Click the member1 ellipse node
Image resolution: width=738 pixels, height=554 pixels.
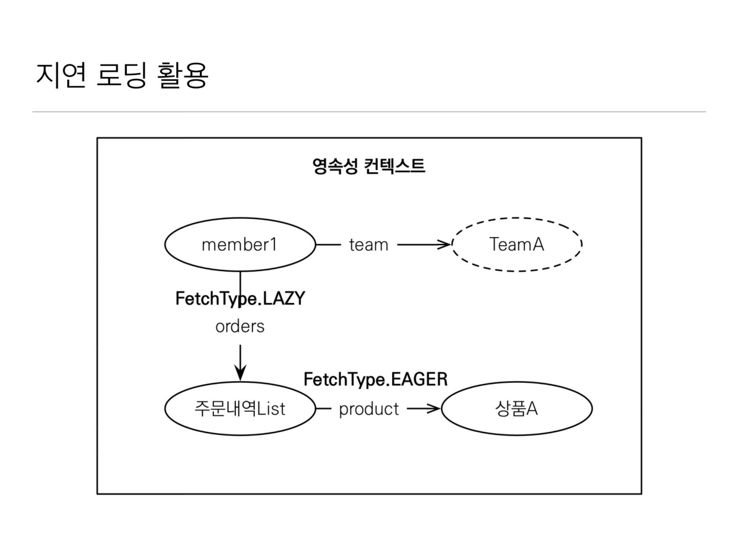coord(240,245)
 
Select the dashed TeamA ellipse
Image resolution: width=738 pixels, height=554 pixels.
coord(516,245)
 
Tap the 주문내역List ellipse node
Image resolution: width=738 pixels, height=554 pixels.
coord(240,409)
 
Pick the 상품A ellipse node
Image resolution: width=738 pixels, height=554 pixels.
coord(516,409)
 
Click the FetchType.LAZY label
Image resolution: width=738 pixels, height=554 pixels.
coord(240,299)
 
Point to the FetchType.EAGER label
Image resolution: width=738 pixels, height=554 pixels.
coord(375,379)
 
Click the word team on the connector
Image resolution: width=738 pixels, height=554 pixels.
coord(369,245)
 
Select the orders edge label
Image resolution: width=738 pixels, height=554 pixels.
coord(240,327)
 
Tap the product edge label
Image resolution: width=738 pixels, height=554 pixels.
coord(369,409)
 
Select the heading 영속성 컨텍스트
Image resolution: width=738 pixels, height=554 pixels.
coord(369,166)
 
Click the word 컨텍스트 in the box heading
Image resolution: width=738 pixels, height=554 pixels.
coord(395,166)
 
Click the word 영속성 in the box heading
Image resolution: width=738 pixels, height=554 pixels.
coord(335,166)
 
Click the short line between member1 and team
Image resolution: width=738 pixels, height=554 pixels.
coord(328,245)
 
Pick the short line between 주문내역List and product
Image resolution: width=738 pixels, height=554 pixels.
coord(323,409)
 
